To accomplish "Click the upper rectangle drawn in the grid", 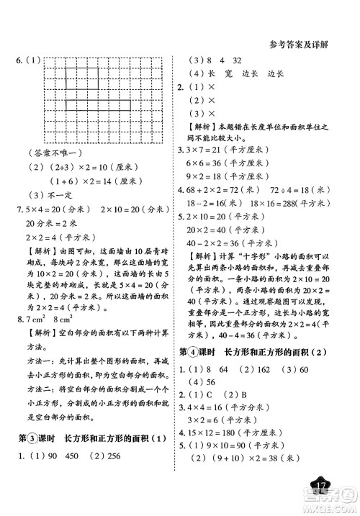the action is click(x=84, y=77).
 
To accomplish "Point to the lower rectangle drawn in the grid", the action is click(x=98, y=107).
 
